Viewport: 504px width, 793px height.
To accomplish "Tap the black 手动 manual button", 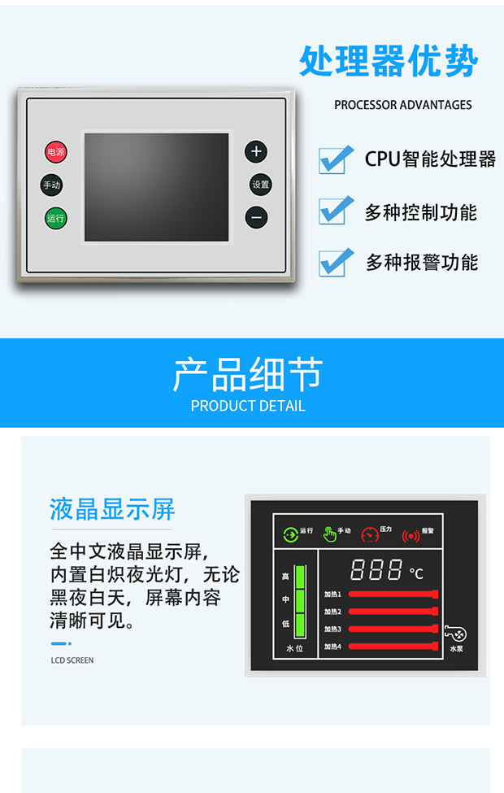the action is [x=51, y=185].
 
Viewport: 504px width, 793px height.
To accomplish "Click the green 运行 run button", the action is [x=55, y=219].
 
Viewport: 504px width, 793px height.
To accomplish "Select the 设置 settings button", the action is [x=260, y=185].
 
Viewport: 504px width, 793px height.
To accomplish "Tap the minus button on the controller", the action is [x=256, y=217].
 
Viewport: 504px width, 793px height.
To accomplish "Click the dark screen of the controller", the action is [x=157, y=187].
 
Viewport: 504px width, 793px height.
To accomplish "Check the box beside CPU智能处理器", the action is [x=336, y=159].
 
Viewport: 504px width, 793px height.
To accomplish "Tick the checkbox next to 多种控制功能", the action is [x=336, y=210].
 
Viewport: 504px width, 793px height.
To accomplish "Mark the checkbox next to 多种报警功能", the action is [x=336, y=263].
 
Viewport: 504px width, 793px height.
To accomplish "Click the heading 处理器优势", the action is [x=389, y=61].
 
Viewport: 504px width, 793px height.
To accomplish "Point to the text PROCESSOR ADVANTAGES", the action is [x=403, y=105].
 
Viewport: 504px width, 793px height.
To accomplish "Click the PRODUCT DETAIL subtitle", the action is [x=248, y=406].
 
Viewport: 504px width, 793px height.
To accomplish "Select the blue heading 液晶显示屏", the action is [x=112, y=509].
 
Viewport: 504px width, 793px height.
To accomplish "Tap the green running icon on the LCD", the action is [x=291, y=534].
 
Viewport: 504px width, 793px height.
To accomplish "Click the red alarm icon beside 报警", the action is [x=411, y=535].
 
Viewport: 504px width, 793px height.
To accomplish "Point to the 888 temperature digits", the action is [x=376, y=569].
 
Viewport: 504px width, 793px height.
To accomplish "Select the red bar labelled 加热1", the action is [x=393, y=595].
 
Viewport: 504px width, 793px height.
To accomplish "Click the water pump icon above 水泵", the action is [x=455, y=634].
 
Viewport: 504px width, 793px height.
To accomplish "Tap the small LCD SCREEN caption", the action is [x=72, y=660].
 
